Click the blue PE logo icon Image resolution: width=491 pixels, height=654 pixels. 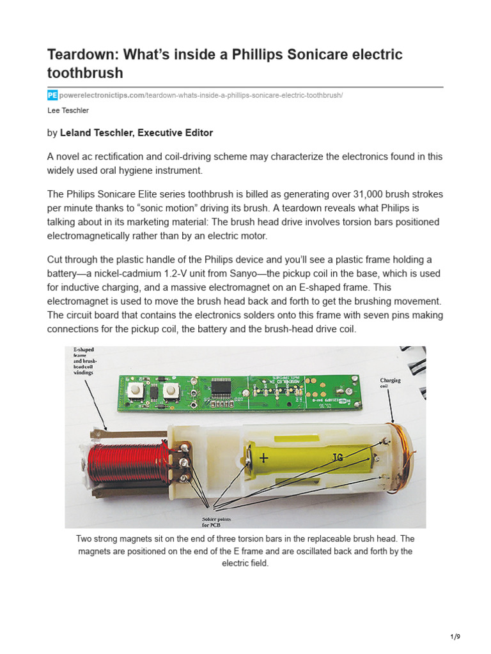(52, 95)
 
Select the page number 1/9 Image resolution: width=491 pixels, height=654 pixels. (455, 637)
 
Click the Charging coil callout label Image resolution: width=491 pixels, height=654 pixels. (391, 383)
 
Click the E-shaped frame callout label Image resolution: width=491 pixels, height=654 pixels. (84, 361)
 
